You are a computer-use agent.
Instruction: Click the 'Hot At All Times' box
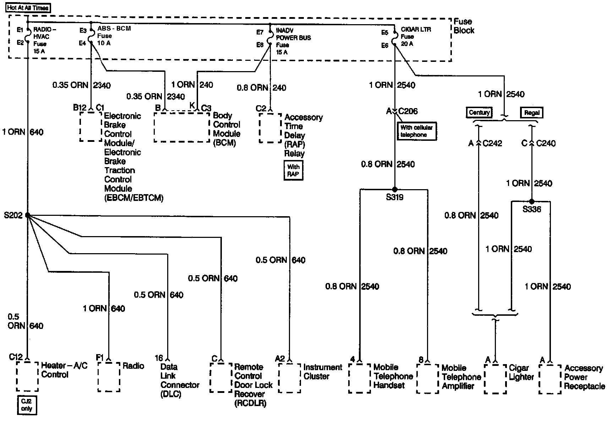[x=28, y=8]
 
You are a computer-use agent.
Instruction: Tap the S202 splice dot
[x=27, y=215]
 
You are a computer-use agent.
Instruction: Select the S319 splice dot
[x=395, y=190]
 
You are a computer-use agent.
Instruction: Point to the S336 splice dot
[x=531, y=201]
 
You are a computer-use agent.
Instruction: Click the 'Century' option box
[x=479, y=113]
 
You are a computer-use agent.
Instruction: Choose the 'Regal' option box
[x=532, y=113]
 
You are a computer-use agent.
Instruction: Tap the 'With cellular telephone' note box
[x=416, y=131]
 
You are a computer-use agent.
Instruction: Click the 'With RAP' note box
[x=293, y=171]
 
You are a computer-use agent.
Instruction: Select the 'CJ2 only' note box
[x=27, y=405]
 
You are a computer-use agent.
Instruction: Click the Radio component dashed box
[x=109, y=377]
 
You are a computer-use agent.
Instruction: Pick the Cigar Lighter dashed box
[x=495, y=379]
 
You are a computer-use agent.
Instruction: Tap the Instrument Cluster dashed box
[x=290, y=378]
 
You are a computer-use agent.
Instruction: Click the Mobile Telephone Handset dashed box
[x=360, y=378]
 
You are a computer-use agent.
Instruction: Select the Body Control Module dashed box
[x=182, y=127]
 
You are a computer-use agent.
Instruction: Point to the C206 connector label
[x=408, y=111]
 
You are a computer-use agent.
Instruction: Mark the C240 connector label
[x=546, y=143]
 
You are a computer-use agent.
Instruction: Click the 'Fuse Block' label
[x=464, y=26]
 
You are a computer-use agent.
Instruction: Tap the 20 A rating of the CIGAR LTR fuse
[x=407, y=44]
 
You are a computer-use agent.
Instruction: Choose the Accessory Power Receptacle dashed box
[x=550, y=379]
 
